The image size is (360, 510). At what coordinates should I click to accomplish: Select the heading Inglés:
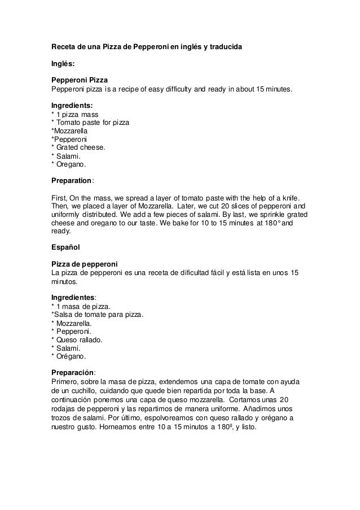[x=63, y=64]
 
